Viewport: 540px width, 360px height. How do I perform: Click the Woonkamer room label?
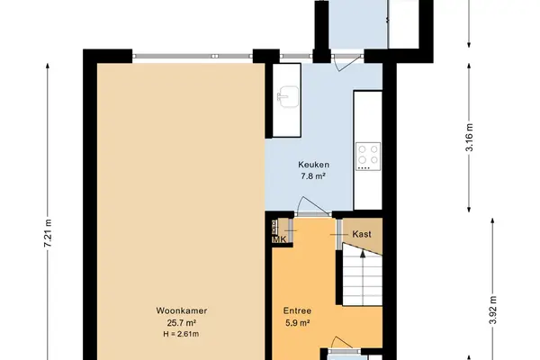click(182, 310)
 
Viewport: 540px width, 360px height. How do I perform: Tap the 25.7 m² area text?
click(182, 323)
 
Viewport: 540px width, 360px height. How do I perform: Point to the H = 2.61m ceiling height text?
click(181, 334)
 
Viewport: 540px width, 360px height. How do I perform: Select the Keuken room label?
click(313, 165)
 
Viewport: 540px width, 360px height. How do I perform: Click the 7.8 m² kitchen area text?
click(313, 176)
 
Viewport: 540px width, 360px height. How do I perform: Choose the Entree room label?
click(297, 310)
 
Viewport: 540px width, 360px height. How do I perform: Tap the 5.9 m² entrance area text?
click(297, 323)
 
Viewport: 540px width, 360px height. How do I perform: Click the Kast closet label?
click(362, 234)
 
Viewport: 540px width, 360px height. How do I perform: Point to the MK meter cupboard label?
click(279, 239)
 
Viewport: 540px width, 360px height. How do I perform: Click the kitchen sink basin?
click(288, 96)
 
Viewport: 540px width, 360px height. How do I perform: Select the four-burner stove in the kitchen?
click(368, 156)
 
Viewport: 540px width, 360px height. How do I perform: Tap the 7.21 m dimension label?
click(49, 233)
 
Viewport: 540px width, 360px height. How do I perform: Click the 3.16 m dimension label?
click(469, 137)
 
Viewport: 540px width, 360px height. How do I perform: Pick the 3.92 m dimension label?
click(493, 310)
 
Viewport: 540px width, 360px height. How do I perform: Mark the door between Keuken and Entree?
click(312, 207)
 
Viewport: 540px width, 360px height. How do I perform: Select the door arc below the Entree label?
click(342, 343)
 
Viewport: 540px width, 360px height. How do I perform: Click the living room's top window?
click(193, 56)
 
